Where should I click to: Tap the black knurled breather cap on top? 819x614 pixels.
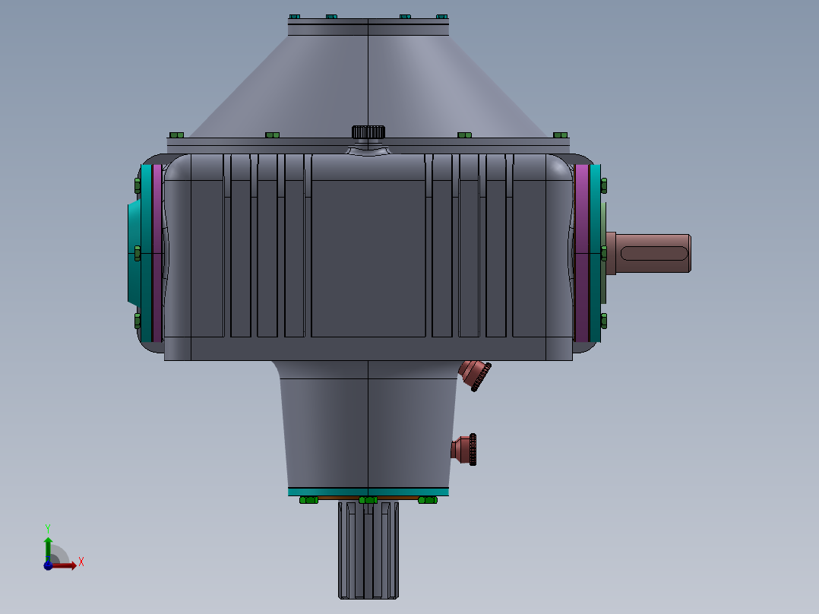[x=368, y=131]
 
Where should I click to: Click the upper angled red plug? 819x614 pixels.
[x=476, y=373]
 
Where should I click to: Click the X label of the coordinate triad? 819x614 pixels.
[x=81, y=562]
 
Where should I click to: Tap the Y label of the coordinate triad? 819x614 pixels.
[x=47, y=527]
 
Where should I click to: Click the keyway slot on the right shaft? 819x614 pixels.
[x=652, y=253]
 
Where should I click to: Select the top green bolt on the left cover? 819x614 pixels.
[x=138, y=185]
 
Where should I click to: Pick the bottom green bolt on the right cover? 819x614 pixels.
[x=603, y=321]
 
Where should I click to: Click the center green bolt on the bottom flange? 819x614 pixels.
[x=368, y=499]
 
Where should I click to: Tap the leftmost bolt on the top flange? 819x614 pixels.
[x=295, y=17]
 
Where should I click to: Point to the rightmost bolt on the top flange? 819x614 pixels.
[x=441, y=17]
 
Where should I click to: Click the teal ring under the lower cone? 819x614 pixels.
[x=368, y=492]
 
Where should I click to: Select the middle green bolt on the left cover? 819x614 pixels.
[x=138, y=252]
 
